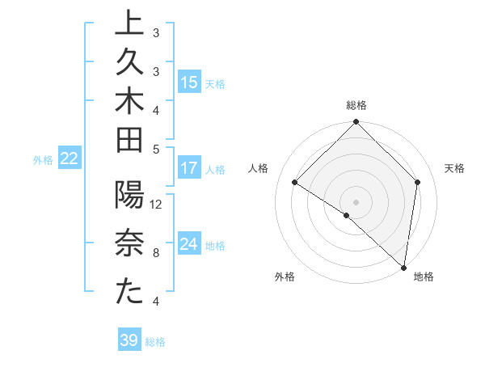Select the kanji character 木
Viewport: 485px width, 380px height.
click(129, 104)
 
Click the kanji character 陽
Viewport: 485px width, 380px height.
click(129, 197)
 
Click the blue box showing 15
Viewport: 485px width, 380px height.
click(189, 82)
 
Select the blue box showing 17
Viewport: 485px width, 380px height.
click(189, 169)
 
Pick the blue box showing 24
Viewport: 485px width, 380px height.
click(189, 244)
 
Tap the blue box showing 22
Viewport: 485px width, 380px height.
click(69, 159)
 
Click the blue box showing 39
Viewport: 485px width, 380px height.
click(129, 340)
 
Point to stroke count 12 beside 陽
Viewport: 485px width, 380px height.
click(157, 205)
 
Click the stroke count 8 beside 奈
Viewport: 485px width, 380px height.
click(156, 252)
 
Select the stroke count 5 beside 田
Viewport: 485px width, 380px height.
click(156, 150)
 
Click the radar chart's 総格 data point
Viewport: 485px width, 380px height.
click(356, 123)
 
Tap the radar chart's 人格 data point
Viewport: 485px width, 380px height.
click(295, 183)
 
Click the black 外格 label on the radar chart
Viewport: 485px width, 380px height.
click(285, 277)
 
